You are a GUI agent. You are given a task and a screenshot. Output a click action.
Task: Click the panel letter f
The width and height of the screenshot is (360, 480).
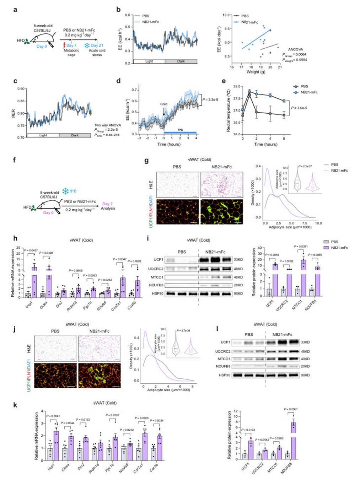tap(15, 160)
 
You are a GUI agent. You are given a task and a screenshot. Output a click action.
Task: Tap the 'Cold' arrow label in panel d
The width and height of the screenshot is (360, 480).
tap(163, 104)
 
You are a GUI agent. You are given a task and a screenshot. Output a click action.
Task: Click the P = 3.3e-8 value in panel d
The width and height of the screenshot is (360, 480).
tap(210, 100)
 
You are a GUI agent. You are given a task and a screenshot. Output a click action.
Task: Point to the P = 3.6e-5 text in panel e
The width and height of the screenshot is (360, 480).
tap(299, 108)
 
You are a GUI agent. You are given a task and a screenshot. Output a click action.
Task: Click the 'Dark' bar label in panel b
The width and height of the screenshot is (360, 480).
tap(181, 61)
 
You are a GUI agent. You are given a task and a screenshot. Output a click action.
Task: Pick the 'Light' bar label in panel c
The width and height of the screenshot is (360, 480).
tap(43, 135)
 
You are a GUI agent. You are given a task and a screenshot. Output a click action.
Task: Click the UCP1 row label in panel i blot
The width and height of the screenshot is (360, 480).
tap(158, 260)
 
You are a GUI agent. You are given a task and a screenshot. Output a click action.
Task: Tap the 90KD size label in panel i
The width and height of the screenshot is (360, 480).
tap(238, 293)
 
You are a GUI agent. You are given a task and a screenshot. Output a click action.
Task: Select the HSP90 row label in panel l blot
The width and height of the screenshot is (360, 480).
tap(225, 375)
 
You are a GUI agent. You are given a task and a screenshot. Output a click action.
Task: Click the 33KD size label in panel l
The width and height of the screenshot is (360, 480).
tap(305, 342)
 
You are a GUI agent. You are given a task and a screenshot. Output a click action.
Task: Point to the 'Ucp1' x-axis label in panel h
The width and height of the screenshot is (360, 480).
tap(29, 304)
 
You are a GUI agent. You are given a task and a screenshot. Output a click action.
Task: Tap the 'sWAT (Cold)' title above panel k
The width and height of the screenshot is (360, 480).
tap(105, 403)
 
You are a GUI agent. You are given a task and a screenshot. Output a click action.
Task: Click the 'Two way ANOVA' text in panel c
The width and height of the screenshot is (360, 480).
tap(108, 125)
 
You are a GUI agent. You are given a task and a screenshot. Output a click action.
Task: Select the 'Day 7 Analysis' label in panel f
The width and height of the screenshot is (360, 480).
tap(108, 206)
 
